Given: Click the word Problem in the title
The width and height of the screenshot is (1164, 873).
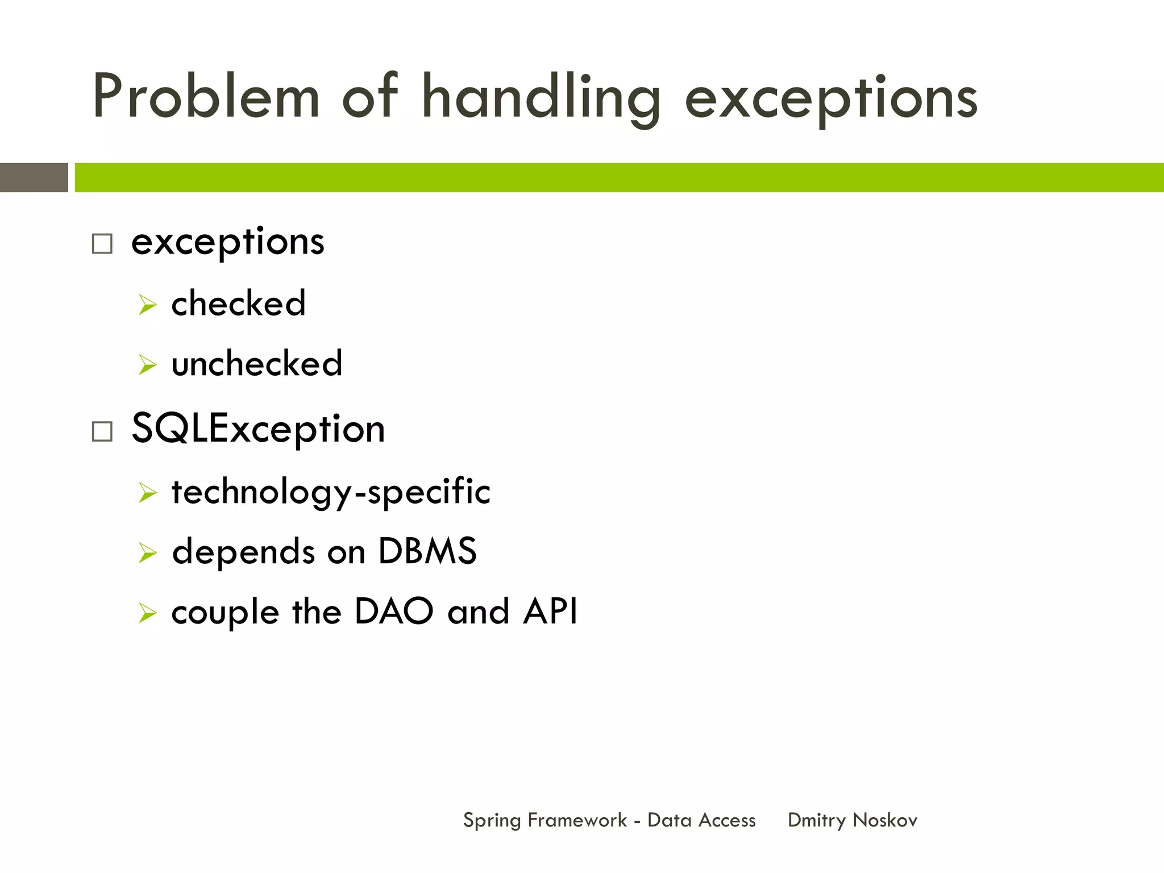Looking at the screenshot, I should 206,97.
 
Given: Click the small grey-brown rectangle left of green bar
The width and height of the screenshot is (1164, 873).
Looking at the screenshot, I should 34,177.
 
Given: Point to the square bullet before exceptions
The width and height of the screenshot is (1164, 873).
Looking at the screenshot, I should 102,244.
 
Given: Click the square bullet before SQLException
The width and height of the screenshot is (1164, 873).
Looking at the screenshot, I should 102,431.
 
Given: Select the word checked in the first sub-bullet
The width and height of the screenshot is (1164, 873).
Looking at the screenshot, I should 238,303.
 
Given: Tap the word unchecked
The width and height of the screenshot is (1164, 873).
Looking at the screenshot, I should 257,364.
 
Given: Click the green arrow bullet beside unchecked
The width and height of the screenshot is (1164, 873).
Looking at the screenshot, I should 147,365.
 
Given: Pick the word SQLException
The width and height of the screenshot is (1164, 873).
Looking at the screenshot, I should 258,429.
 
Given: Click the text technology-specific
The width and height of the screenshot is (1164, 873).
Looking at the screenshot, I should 331,492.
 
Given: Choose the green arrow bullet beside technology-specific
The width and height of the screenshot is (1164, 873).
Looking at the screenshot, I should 147,493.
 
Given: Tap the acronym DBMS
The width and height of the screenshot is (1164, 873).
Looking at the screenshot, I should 427,551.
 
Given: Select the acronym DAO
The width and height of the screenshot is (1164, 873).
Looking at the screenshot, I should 394,612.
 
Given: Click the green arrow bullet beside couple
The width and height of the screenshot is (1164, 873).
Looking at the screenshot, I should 147,613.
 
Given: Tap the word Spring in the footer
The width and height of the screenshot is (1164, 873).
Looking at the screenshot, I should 492,821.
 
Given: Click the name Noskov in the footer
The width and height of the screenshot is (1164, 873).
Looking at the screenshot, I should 885,820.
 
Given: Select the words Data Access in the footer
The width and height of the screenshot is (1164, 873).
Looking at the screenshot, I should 701,820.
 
